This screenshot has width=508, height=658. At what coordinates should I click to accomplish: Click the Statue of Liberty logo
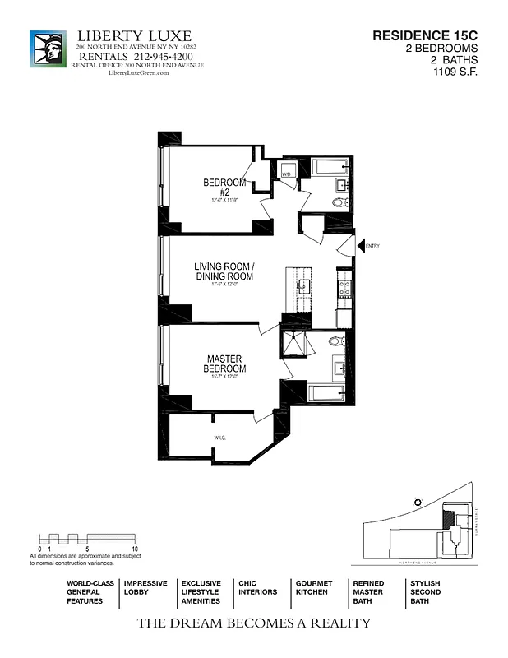pos(47,49)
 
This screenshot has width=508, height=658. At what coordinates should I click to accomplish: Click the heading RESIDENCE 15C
pos(424,36)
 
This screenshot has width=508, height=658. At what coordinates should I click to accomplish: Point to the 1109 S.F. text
pos(455,72)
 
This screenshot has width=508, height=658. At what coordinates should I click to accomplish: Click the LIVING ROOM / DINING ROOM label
pos(224,271)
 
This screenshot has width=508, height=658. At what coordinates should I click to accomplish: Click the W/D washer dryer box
pos(287,174)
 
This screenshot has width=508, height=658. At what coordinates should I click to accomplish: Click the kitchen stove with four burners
pos(345,287)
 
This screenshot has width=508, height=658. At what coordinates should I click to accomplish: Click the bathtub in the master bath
pos(330,392)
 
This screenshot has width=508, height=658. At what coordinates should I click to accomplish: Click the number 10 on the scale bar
pos(134,548)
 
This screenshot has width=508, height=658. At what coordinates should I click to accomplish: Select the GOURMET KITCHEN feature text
pos(313,587)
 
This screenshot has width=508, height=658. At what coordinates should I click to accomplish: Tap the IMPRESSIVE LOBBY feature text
pos(145,587)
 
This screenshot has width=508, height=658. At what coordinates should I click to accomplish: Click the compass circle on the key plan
pos(418,502)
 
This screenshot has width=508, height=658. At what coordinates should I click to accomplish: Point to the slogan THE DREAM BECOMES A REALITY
pos(253,623)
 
